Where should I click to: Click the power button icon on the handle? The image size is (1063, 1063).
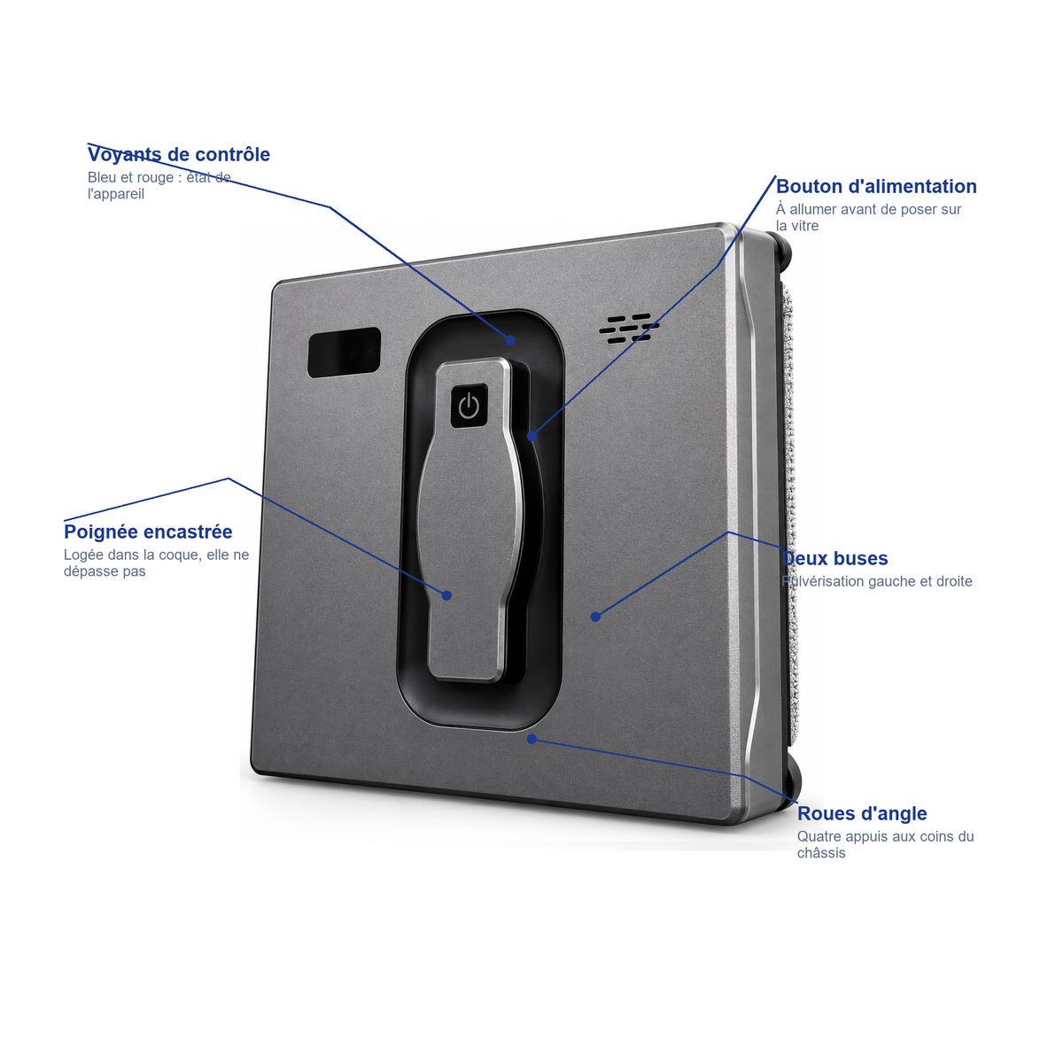[x=469, y=406]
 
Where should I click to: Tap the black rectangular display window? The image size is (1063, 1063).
[x=344, y=352]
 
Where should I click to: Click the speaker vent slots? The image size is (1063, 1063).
[x=629, y=328]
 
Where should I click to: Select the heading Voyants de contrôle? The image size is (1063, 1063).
[x=179, y=154]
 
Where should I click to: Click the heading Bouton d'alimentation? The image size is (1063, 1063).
[x=876, y=186]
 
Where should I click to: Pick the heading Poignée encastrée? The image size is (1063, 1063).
[x=148, y=531]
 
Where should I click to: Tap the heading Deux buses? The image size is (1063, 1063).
[x=834, y=558]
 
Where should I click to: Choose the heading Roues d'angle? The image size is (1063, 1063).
[x=862, y=814]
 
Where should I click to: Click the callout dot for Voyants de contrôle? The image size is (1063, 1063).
[x=511, y=340]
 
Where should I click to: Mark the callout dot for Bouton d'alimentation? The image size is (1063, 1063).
[x=531, y=437]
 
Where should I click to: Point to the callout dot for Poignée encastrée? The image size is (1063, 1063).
[x=446, y=595]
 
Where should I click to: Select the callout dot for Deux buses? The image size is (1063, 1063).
[x=595, y=617]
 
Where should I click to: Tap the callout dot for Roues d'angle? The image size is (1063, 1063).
[x=531, y=739]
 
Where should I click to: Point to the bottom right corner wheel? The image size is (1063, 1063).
[x=790, y=782]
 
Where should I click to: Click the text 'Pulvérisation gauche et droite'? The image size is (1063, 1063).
[x=877, y=581]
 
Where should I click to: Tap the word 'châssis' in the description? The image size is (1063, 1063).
[x=821, y=853]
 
